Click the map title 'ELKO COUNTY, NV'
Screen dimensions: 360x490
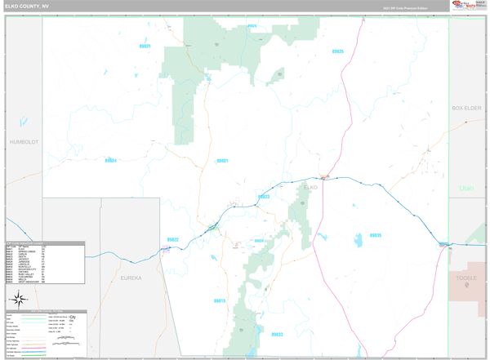point(26,7)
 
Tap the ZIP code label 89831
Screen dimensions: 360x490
point(145,47)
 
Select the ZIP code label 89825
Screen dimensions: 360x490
point(338,51)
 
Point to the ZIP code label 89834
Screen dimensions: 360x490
point(110,160)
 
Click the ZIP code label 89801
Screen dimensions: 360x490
point(222,161)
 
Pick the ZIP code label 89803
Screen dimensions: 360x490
point(264,197)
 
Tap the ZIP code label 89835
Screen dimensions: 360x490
point(375,235)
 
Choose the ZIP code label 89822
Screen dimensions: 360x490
point(173,239)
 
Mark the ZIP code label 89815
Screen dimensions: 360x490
point(219,301)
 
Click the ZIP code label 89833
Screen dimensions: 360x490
point(277,335)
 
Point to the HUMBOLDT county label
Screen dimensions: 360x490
point(24,141)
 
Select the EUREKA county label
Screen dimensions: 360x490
point(131,278)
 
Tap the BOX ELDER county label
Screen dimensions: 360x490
point(468,108)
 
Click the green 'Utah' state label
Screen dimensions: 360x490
point(466,189)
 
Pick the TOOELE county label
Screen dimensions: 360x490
point(466,278)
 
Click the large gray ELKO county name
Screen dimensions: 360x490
point(310,188)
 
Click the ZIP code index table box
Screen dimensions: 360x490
point(44,262)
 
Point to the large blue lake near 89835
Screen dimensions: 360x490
point(359,241)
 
